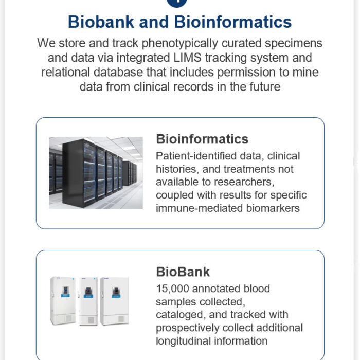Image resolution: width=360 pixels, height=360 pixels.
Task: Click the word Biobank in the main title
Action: (x=101, y=22)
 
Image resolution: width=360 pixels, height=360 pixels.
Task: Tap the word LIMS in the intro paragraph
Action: (x=187, y=58)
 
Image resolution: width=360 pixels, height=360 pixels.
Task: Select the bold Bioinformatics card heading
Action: (x=202, y=139)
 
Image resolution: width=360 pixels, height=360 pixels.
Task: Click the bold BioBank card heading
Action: (x=183, y=272)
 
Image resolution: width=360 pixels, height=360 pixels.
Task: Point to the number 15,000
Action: (x=172, y=289)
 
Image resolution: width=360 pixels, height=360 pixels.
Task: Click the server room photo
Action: (x=96, y=173)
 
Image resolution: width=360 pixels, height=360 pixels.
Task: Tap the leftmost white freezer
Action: (x=63, y=300)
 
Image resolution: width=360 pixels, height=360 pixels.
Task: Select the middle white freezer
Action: (x=88, y=301)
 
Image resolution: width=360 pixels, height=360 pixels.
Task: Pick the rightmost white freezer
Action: (x=114, y=301)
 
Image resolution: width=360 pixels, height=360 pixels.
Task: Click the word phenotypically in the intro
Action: (x=180, y=44)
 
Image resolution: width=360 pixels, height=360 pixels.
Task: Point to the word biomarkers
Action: (x=273, y=208)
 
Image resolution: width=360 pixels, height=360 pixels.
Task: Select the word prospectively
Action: (x=188, y=328)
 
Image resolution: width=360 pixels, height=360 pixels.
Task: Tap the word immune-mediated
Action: (x=200, y=208)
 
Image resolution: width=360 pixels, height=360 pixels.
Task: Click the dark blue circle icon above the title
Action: (x=176, y=2)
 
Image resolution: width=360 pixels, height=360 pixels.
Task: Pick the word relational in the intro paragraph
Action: (x=65, y=73)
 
